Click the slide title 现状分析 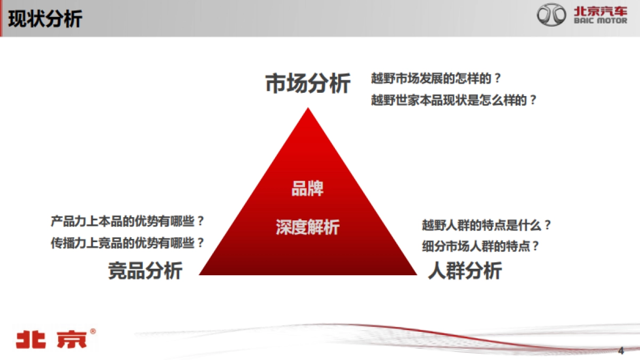pyautogui.click(x=45, y=19)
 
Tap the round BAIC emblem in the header pyautogui.click(x=552, y=15)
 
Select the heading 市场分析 pyautogui.click(x=308, y=84)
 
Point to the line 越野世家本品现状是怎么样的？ pyautogui.click(x=453, y=100)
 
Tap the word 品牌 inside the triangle pyautogui.click(x=307, y=189)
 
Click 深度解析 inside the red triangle pyautogui.click(x=308, y=227)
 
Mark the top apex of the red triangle pyautogui.click(x=308, y=109)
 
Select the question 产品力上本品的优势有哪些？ pyautogui.click(x=127, y=221)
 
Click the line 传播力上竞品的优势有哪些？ pyautogui.click(x=127, y=243)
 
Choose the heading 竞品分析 pyautogui.click(x=145, y=270)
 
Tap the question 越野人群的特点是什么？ pyautogui.click(x=486, y=225)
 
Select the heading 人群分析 pyautogui.click(x=465, y=270)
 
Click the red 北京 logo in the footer pyautogui.click(x=51, y=340)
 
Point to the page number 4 pyautogui.click(x=620, y=350)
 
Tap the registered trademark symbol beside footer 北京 pyautogui.click(x=93, y=331)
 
